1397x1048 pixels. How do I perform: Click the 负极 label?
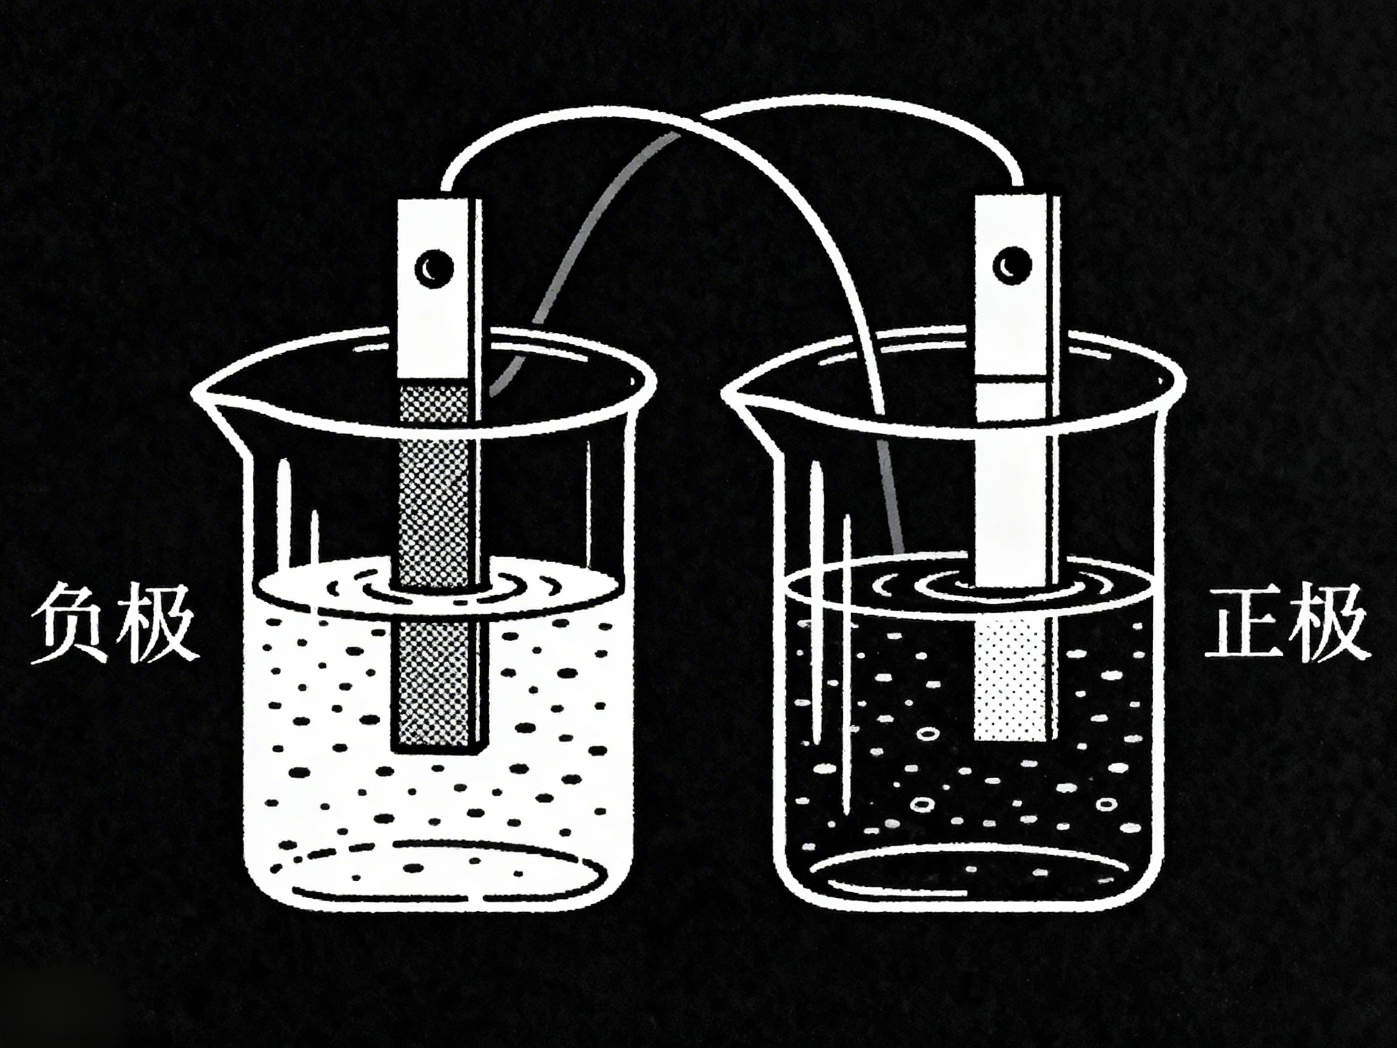[112, 624]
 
